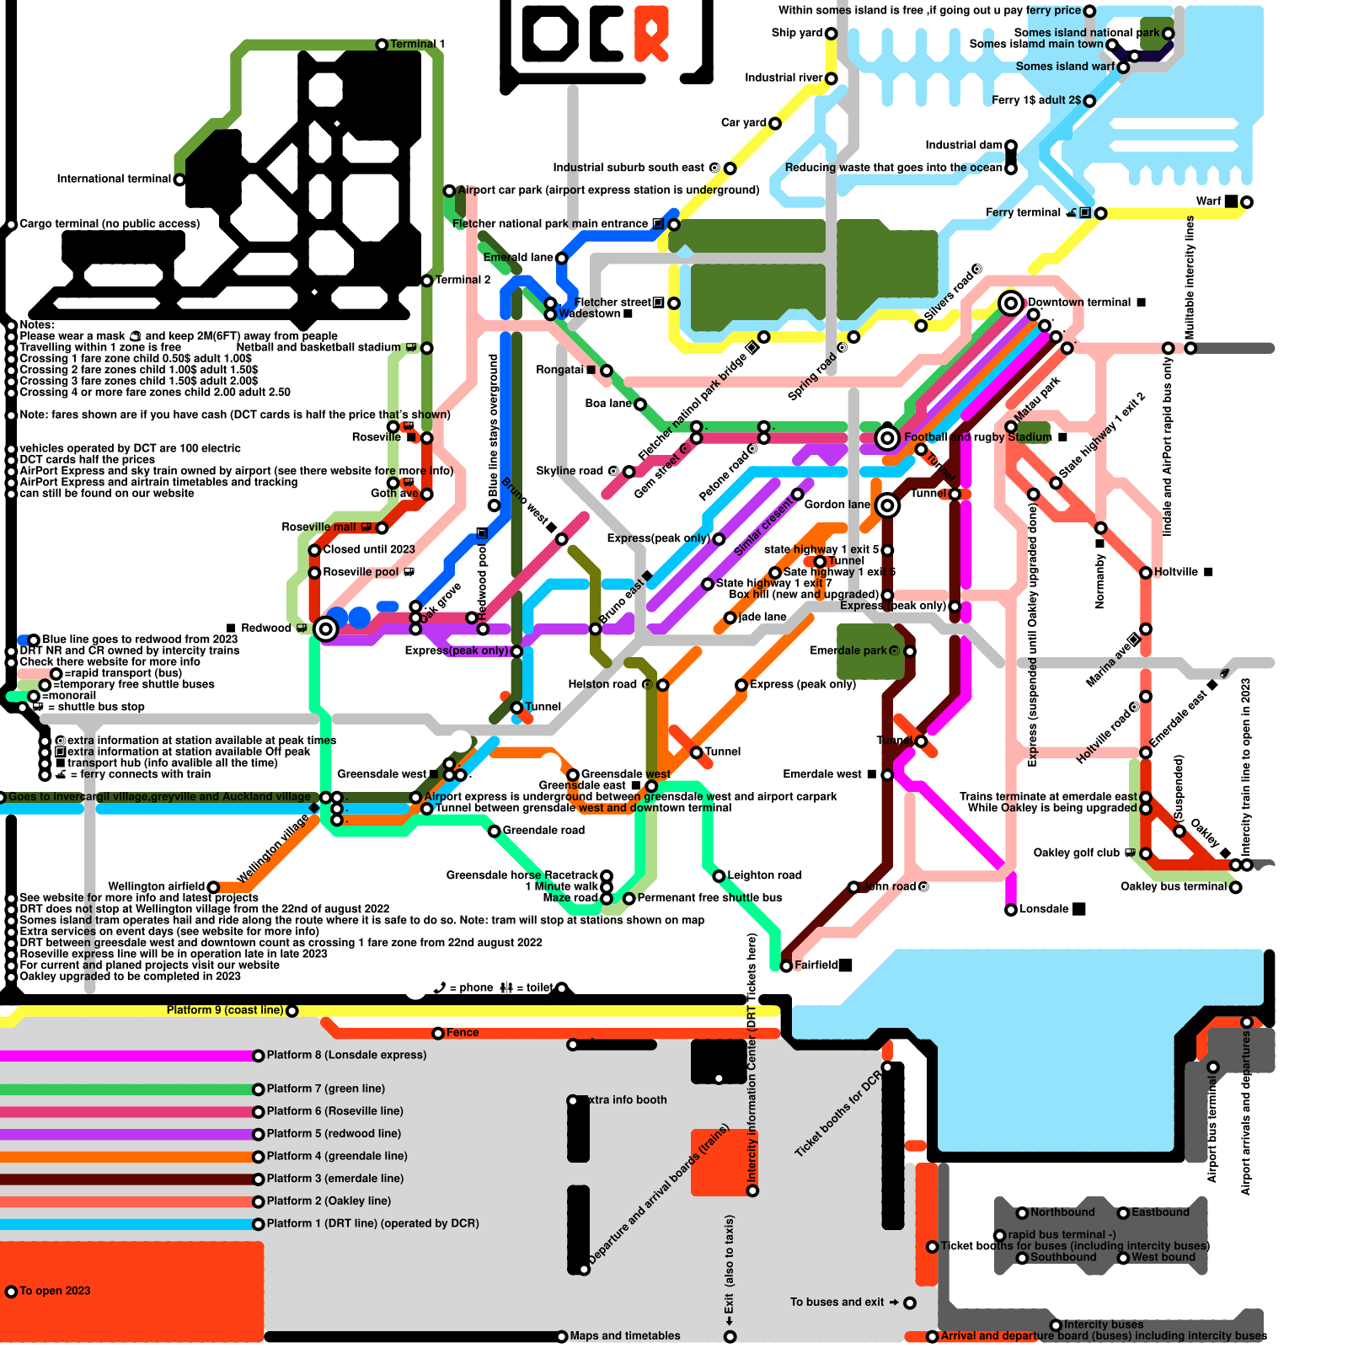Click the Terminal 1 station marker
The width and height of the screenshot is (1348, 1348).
pyautogui.click(x=382, y=44)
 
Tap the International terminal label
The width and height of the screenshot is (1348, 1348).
pyautogui.click(x=114, y=179)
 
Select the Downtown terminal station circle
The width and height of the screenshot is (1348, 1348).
pyautogui.click(x=1011, y=302)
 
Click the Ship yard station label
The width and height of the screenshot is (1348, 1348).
pyautogui.click(x=796, y=33)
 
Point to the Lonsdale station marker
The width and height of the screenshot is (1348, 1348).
pyautogui.click(x=1011, y=910)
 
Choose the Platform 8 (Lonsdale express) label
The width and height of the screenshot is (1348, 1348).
pyautogui.click(x=346, y=1055)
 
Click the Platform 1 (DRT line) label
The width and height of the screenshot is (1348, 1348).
pyautogui.click(x=372, y=1223)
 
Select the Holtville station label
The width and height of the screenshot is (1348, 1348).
pyautogui.click(x=1175, y=572)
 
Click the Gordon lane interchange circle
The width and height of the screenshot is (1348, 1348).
pyautogui.click(x=887, y=505)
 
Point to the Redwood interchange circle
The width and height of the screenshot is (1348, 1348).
pyautogui.click(x=325, y=629)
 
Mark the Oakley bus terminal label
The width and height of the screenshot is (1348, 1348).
pyautogui.click(x=1173, y=886)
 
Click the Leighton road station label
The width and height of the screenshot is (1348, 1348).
pyautogui.click(x=764, y=875)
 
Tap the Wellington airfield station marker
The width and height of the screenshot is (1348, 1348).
pyautogui.click(x=213, y=887)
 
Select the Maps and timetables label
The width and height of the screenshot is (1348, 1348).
pyautogui.click(x=624, y=1336)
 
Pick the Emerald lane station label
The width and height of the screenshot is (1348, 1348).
pyautogui.click(x=517, y=257)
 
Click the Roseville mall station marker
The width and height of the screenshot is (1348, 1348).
pyautogui.click(x=382, y=528)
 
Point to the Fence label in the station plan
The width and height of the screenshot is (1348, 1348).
pyautogui.click(x=462, y=1033)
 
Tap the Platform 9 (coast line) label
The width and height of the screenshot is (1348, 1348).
pyautogui.click(x=224, y=1010)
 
